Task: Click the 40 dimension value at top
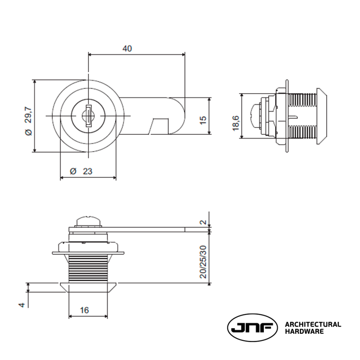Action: (127, 48)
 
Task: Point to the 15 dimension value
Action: (203, 120)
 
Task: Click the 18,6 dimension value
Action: (235, 124)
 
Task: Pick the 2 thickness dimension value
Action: (203, 222)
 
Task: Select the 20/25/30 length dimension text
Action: (203, 262)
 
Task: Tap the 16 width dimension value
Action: (84, 310)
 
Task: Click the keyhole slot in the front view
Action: (88, 116)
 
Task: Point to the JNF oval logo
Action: (252, 328)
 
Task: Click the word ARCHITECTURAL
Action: (313, 324)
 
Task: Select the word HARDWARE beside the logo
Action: (304, 332)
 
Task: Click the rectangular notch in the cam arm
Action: (160, 126)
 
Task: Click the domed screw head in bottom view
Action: (88, 221)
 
